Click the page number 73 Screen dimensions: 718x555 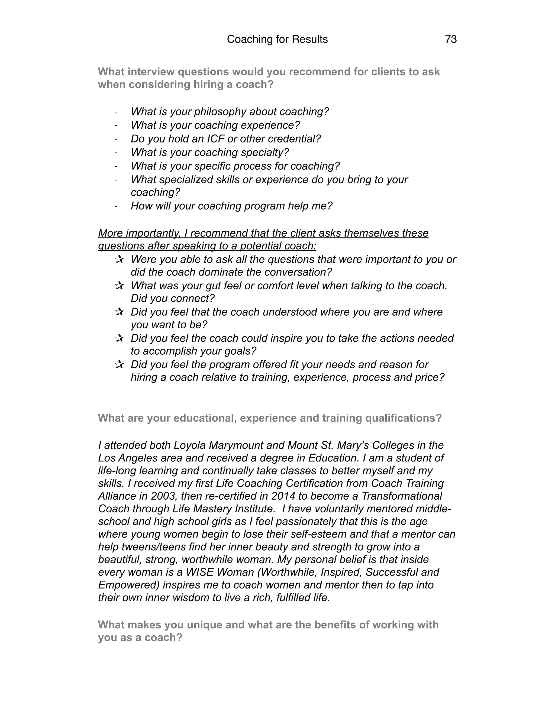(x=450, y=40)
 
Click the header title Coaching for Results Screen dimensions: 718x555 (x=277, y=40)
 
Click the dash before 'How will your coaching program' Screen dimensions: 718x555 (x=116, y=206)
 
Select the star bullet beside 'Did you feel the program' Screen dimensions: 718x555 (x=119, y=365)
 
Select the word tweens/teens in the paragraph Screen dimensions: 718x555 (x=154, y=547)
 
